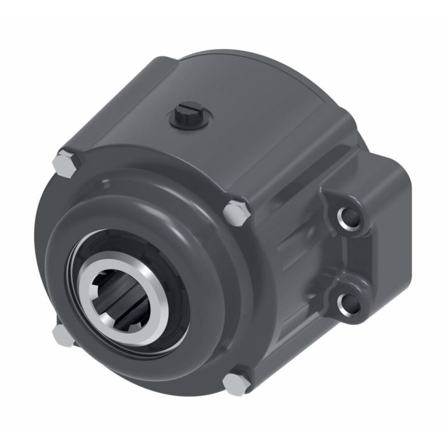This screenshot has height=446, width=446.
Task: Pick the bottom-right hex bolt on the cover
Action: pyautogui.click(x=234, y=384)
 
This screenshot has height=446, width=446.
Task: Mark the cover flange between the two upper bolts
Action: pyautogui.click(x=153, y=175)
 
